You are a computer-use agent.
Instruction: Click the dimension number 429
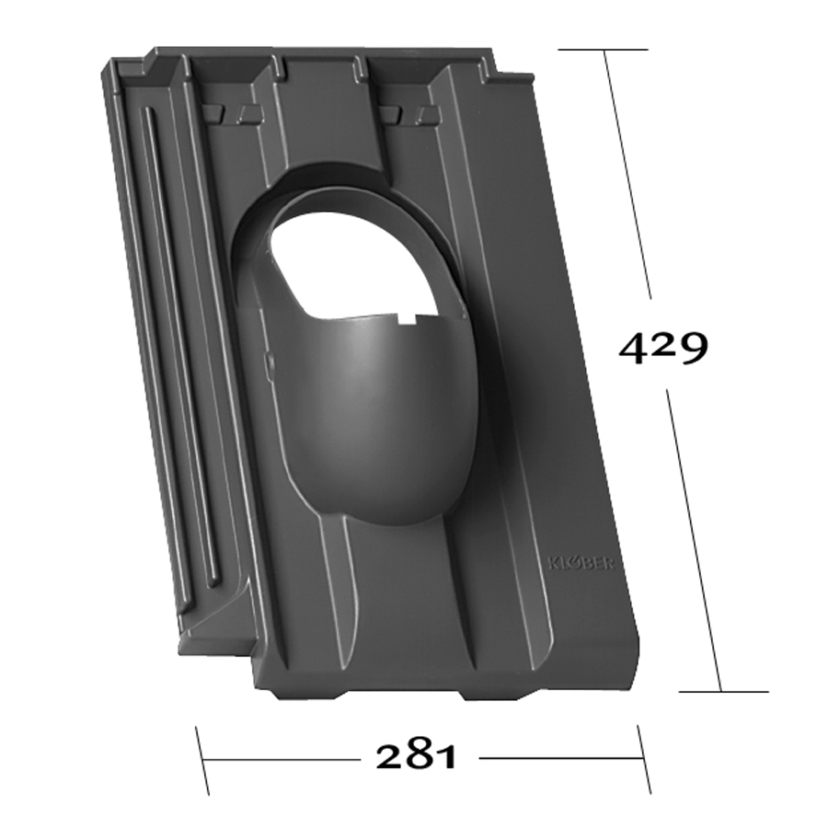point(662,348)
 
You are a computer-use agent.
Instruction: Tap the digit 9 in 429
point(692,349)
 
